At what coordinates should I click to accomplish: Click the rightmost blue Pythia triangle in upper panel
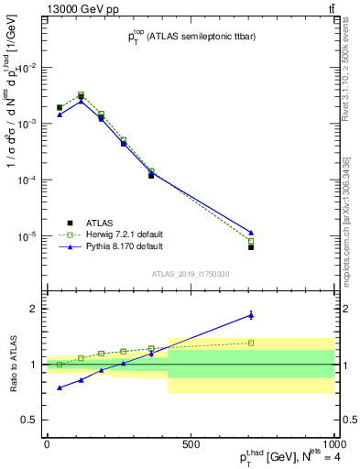point(251,233)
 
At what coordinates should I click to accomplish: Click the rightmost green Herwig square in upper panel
point(251,242)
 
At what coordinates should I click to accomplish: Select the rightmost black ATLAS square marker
point(251,247)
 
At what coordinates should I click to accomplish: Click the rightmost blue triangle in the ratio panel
point(251,315)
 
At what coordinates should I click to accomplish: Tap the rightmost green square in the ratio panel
point(251,343)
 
